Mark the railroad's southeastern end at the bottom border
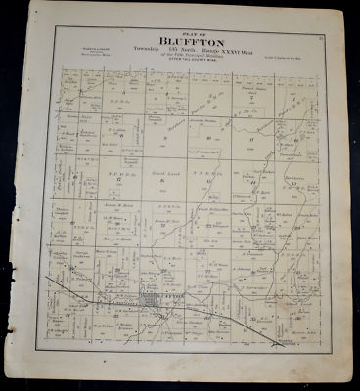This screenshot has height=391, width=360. pos(284,344)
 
